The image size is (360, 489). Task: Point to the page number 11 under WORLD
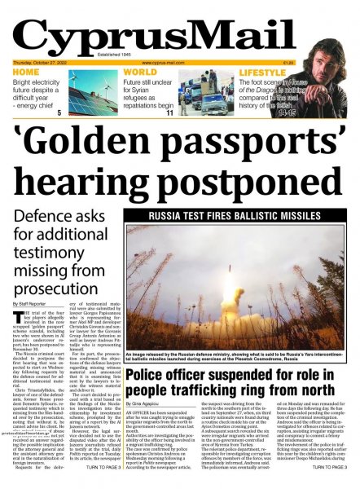(169, 112)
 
